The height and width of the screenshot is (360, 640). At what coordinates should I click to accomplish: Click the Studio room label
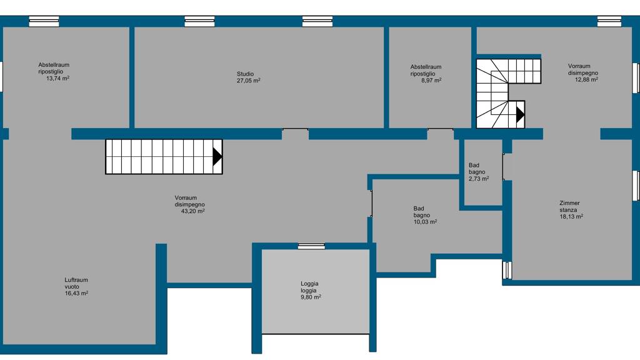[x=245, y=74]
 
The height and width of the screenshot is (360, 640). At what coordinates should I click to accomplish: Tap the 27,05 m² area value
[x=249, y=81]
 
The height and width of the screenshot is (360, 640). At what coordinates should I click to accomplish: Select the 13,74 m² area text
[x=57, y=78]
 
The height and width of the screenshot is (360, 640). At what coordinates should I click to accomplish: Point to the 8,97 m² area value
[x=431, y=81]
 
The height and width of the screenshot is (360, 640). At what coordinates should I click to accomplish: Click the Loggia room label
[x=309, y=284]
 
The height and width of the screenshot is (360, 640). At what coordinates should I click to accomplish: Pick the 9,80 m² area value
[x=311, y=297]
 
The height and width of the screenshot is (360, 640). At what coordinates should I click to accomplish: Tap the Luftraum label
[x=76, y=280]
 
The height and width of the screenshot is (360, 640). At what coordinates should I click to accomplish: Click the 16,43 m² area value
[x=76, y=293]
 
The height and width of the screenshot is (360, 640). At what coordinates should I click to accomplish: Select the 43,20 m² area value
[x=192, y=211]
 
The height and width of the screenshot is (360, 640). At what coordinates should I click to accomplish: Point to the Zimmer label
[x=569, y=203]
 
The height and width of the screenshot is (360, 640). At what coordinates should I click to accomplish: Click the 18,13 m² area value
[x=571, y=216]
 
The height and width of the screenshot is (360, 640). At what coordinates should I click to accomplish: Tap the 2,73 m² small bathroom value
[x=479, y=179]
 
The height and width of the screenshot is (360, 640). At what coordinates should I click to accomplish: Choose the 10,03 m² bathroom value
[x=425, y=222]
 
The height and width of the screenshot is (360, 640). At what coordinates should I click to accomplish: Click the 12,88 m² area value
[x=586, y=79]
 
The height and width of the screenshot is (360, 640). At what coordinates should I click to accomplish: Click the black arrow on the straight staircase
[x=217, y=156]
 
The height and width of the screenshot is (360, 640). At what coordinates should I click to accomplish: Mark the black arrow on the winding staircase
[x=520, y=114]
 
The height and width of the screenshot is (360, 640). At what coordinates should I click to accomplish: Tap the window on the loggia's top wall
[x=311, y=246]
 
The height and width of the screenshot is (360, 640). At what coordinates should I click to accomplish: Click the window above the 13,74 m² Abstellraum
[x=44, y=21]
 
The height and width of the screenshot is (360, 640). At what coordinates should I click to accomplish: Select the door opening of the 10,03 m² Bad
[x=371, y=203]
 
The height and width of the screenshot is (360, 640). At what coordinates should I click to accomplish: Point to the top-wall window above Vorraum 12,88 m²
[x=609, y=21]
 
